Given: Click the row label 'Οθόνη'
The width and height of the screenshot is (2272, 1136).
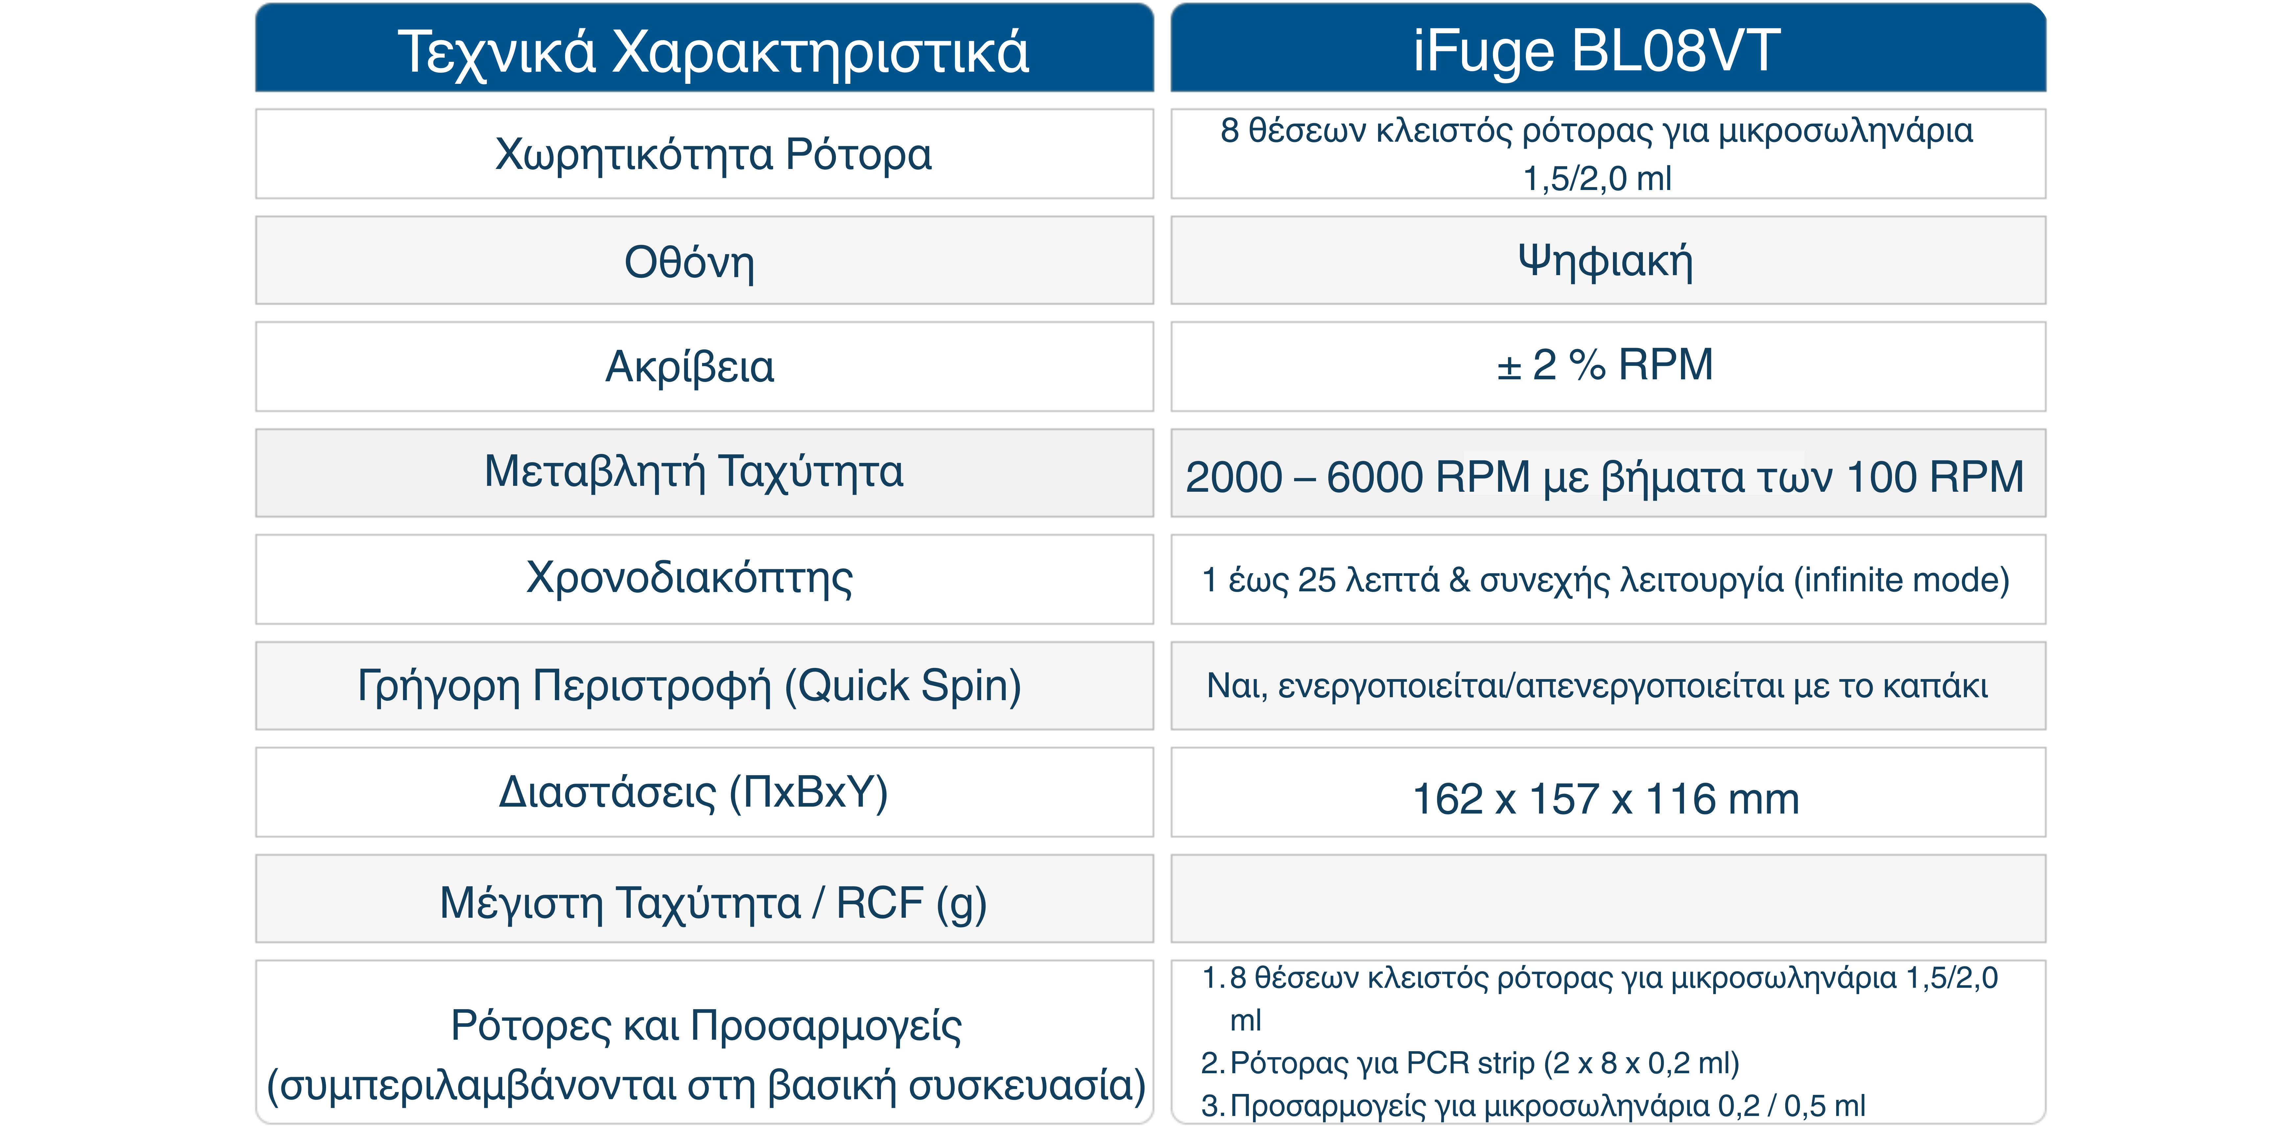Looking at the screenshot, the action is pos(689,262).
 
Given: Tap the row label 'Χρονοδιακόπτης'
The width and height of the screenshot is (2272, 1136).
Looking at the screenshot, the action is pos(689,579).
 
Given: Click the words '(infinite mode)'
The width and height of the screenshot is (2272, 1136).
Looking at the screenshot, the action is pos(1902,580).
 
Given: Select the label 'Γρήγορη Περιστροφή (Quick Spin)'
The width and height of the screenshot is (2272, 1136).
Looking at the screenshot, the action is pos(689,686).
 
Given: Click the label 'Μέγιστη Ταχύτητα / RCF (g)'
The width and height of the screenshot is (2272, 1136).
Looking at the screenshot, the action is pos(713,903).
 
